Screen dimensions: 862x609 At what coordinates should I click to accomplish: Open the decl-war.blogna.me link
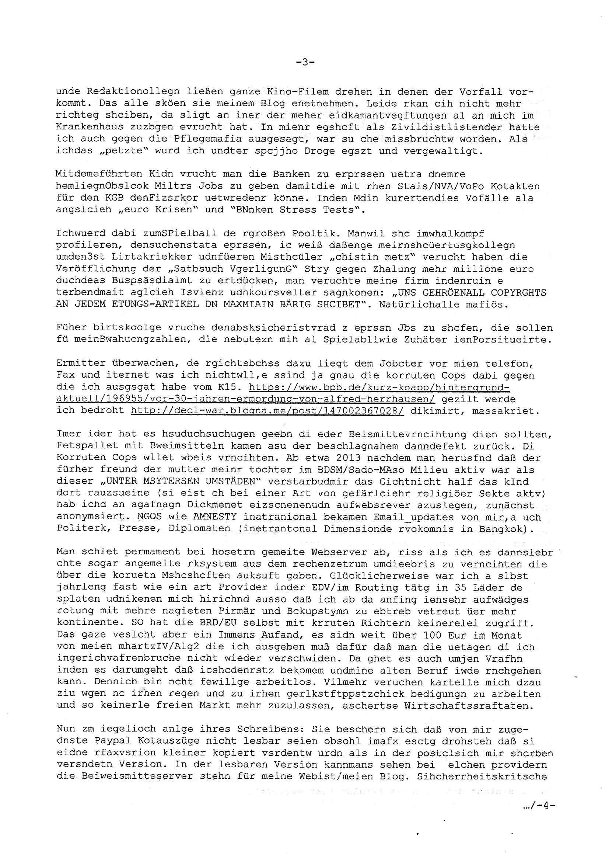(267, 411)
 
